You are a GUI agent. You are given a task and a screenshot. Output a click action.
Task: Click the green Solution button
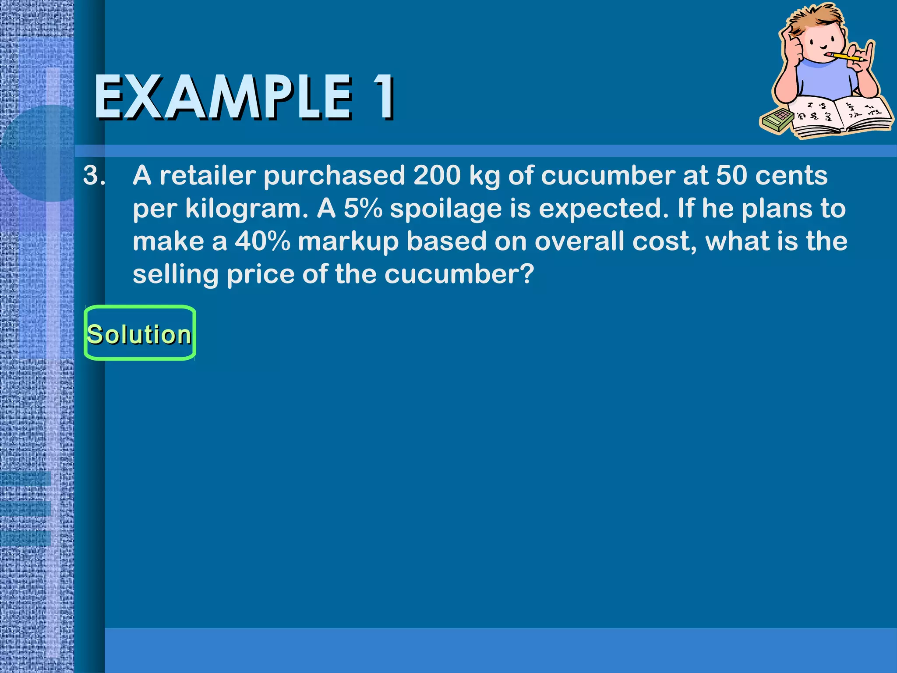click(x=139, y=333)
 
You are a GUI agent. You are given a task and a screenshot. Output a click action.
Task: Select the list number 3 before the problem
click(x=94, y=176)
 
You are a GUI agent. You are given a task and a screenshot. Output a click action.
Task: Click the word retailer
click(x=207, y=176)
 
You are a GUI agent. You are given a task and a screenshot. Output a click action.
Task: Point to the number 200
click(x=437, y=176)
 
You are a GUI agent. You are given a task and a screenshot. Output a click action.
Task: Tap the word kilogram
click(x=247, y=209)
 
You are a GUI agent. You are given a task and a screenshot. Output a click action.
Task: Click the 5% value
click(x=363, y=209)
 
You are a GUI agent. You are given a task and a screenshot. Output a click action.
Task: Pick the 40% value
click(x=262, y=241)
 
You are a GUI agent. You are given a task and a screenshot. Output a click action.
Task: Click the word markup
click(x=348, y=242)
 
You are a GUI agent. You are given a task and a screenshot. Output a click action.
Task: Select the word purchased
click(x=334, y=177)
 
